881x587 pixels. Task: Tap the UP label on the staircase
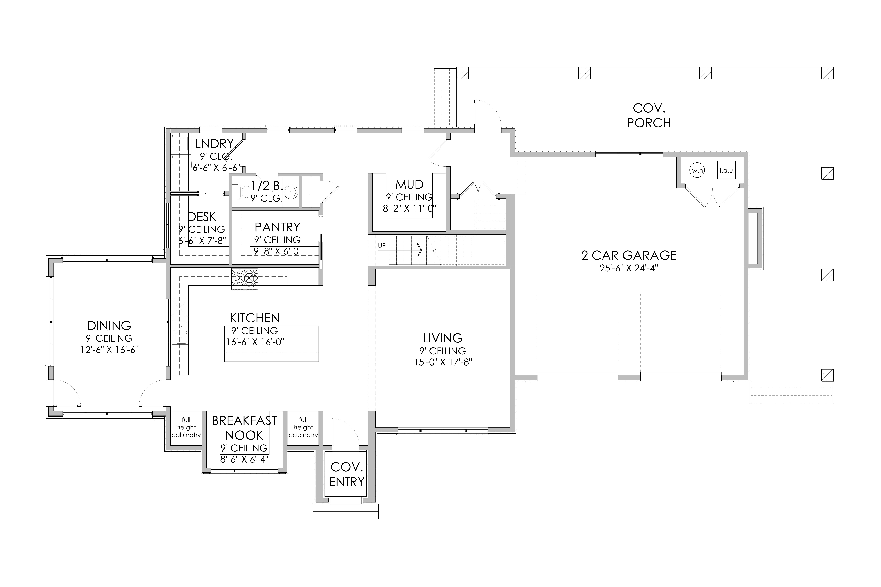pyautogui.click(x=382, y=246)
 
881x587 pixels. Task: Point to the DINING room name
pyautogui.click(x=109, y=325)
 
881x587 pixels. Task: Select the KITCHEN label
pyautogui.click(x=255, y=318)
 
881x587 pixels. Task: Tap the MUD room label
pyautogui.click(x=409, y=185)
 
